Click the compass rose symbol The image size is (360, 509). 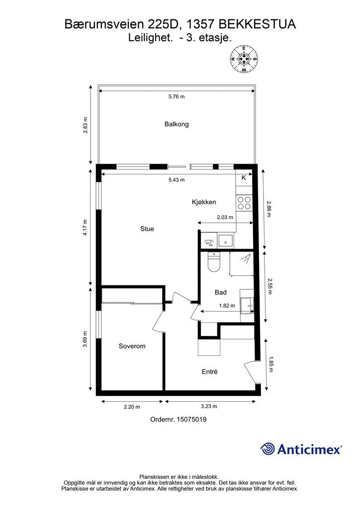point(244,59)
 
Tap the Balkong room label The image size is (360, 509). point(177,124)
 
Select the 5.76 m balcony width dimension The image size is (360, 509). point(177,96)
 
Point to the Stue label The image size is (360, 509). point(147,229)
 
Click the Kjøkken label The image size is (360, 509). point(204,202)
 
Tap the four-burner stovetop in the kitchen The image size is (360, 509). point(244,203)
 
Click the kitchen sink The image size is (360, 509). point(225,241)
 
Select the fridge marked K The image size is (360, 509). point(244,177)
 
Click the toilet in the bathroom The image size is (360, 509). point(214,262)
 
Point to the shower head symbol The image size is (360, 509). point(247,258)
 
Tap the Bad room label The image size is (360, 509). point(221,292)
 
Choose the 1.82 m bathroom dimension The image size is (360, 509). point(227,306)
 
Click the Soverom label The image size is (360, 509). point(132,346)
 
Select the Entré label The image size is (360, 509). point(210,372)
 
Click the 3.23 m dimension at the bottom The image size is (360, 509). point(209,406)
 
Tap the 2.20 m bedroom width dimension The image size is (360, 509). point(132,407)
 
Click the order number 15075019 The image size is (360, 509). point(191,420)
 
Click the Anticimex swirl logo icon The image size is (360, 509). point(267,449)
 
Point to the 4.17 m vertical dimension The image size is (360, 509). point(85,228)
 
